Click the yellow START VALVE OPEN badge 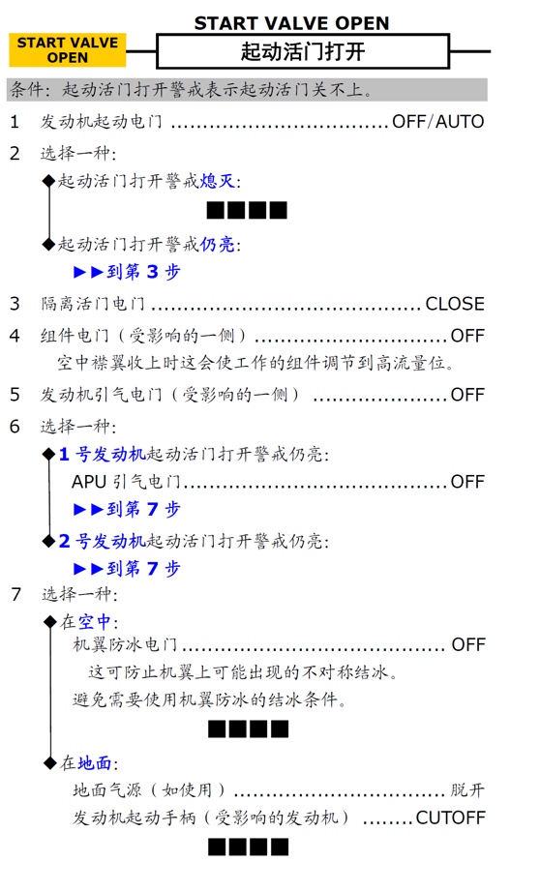[x=68, y=50]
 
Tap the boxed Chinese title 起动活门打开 [x=303, y=52]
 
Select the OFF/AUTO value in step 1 [x=438, y=122]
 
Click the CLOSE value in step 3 [x=455, y=304]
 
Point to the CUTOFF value [x=451, y=818]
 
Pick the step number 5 [x=15, y=395]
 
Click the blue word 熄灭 [x=218, y=182]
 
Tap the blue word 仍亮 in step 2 [x=218, y=245]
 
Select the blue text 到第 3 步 [x=143, y=272]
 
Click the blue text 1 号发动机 [x=103, y=454]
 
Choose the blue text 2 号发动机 [x=103, y=541]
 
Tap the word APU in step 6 [x=89, y=482]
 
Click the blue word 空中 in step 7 [x=95, y=622]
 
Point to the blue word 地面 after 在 [x=95, y=763]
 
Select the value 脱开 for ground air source [x=467, y=790]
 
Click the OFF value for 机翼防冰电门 [x=468, y=644]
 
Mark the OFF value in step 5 [x=467, y=395]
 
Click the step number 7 [x=15, y=594]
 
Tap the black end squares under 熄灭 [x=247, y=211]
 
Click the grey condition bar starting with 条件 [x=247, y=90]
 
